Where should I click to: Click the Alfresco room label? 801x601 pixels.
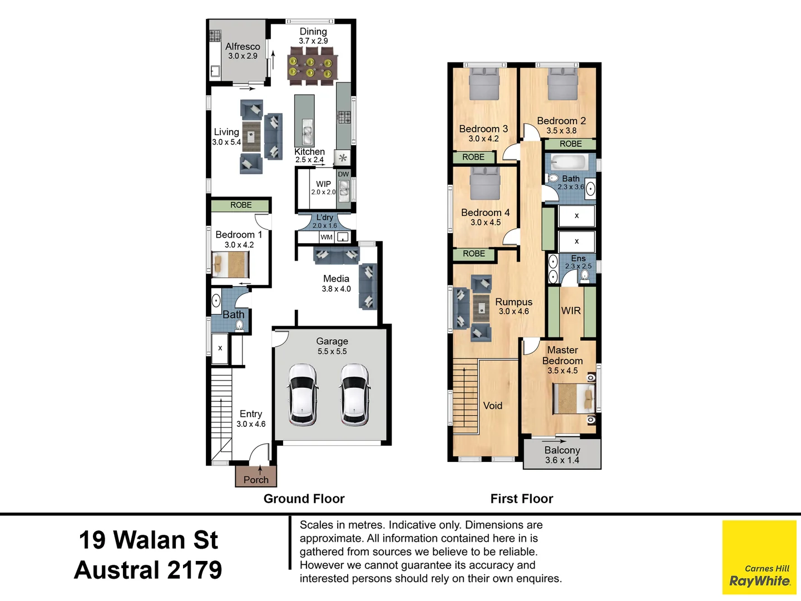click(243, 47)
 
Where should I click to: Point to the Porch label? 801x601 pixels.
click(256, 480)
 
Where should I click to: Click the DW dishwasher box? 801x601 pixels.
click(343, 174)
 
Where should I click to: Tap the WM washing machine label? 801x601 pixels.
click(327, 237)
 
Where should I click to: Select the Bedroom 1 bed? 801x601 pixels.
click(230, 264)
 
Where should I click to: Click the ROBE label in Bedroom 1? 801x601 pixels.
click(241, 205)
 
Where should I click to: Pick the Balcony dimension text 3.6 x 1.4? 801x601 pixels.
click(562, 460)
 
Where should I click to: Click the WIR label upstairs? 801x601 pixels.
click(571, 311)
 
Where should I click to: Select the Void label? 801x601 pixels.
click(493, 406)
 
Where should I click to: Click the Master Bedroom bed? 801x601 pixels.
click(573, 398)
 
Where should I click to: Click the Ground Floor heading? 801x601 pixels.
click(304, 499)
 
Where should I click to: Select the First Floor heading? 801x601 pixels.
click(522, 499)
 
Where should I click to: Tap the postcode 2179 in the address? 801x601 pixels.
click(194, 570)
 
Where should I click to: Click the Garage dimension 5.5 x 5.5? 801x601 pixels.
click(332, 352)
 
